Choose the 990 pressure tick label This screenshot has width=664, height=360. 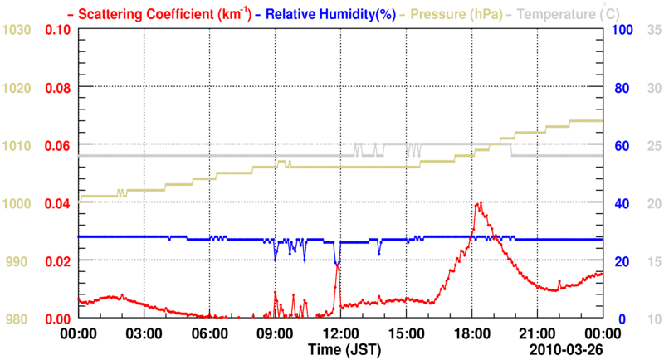click(19, 261)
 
